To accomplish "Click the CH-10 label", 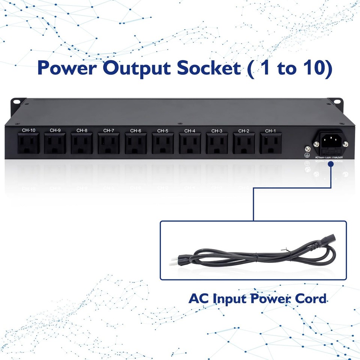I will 28,130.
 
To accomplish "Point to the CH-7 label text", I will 109,130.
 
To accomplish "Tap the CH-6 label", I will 136,130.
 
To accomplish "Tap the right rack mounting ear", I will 336,102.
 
